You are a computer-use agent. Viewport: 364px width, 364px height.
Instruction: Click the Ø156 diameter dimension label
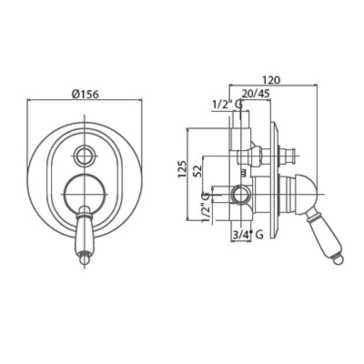pyautogui.click(x=86, y=94)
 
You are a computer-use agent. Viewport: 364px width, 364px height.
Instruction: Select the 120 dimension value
pyautogui.click(x=271, y=80)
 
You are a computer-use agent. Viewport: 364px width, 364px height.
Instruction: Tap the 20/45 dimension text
pyautogui.click(x=256, y=94)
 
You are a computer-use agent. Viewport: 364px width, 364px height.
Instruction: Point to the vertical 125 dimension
pyautogui.click(x=182, y=169)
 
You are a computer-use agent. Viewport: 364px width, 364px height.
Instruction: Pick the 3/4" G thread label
pyautogui.click(x=247, y=234)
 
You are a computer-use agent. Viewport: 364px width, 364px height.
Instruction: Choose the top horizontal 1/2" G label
pyautogui.click(x=227, y=105)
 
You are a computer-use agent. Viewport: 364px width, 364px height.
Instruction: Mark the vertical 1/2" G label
pyautogui.click(x=207, y=207)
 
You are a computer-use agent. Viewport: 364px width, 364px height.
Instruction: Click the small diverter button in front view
pyautogui.click(x=85, y=156)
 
